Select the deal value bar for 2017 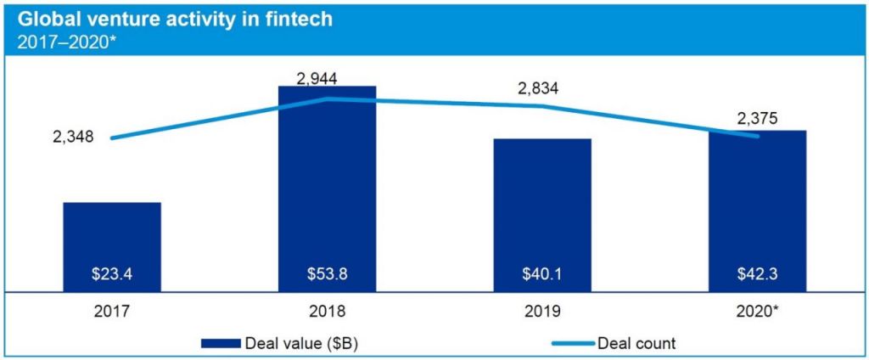[x=112, y=246]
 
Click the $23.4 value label [x=112, y=274]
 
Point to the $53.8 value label [x=327, y=274]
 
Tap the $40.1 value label [x=542, y=274]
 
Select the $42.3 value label [x=758, y=274]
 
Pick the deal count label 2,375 [x=758, y=118]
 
